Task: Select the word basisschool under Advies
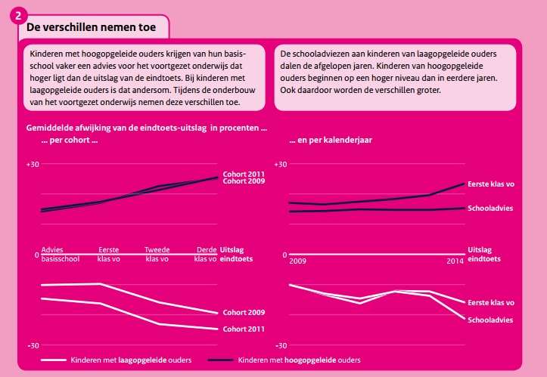click(x=56, y=258)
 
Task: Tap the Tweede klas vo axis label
click(x=158, y=254)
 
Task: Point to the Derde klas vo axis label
click(x=205, y=254)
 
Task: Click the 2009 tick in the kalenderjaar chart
click(x=298, y=261)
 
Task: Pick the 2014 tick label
click(x=455, y=261)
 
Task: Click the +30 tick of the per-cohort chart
click(x=33, y=164)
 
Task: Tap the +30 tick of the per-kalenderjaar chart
click(x=281, y=164)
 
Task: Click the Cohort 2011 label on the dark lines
click(x=243, y=174)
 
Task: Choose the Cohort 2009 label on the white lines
click(x=243, y=313)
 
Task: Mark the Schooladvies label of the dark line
click(x=491, y=208)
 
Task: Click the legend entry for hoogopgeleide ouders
click(x=299, y=360)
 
